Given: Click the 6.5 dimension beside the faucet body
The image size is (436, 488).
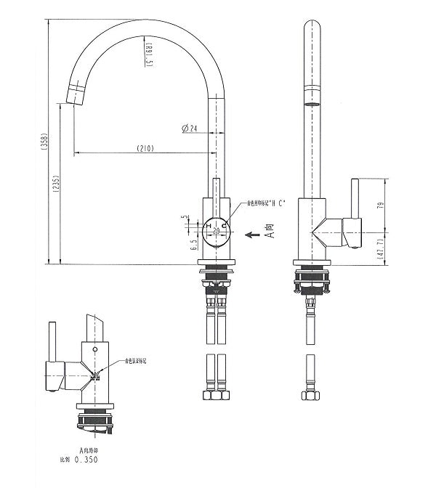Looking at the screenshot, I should pyautogui.click(x=194, y=244).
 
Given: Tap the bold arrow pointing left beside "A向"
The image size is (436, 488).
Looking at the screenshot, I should pyautogui.click(x=252, y=235).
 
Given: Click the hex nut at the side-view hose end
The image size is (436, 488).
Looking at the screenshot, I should pyautogui.click(x=310, y=396).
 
